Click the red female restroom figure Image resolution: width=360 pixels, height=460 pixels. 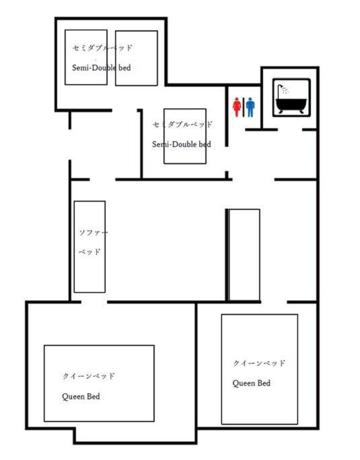click(237, 107)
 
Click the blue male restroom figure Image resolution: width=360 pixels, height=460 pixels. click(250, 107)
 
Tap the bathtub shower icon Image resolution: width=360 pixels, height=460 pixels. click(291, 98)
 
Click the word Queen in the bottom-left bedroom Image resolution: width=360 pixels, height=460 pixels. click(73, 397)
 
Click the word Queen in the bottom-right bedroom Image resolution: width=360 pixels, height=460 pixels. click(243, 383)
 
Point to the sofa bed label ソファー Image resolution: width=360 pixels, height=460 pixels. click(94, 232)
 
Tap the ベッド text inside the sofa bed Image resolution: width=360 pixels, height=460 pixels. click(89, 252)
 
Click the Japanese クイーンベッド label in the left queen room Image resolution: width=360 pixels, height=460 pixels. click(88, 376)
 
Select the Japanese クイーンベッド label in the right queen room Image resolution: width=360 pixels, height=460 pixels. click(259, 363)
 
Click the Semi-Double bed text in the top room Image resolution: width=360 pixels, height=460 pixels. click(102, 68)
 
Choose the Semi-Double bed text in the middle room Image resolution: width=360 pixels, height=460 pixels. click(182, 144)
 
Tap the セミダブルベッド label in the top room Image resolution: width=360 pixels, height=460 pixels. click(102, 48)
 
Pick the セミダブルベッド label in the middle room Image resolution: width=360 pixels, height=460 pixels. click(182, 125)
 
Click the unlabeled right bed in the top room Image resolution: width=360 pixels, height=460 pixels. click(137, 58)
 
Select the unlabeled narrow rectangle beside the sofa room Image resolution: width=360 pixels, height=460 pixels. click(244, 255)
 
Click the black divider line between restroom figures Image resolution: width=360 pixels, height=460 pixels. click(244, 107)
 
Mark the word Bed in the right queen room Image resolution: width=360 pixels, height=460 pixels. click(264, 383)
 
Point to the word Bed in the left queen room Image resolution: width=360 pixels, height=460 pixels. click(94, 397)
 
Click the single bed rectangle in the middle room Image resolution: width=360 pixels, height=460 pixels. click(185, 136)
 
